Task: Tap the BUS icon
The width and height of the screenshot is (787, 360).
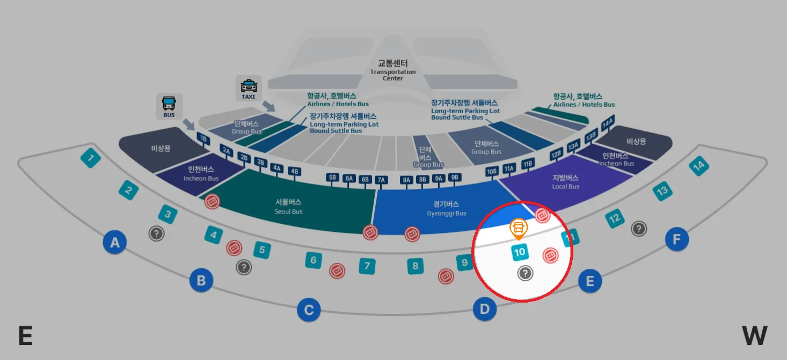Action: tap(169, 106)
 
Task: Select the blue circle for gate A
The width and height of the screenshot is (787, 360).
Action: tap(115, 243)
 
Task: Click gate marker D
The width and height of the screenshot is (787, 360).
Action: tap(485, 309)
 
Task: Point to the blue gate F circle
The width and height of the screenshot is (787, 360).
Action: tap(676, 239)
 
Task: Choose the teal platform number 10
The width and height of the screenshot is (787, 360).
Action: tap(519, 252)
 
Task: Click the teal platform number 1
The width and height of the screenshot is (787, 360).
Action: tap(91, 158)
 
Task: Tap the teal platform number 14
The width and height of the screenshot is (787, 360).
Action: tap(698, 166)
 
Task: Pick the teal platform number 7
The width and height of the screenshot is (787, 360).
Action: tap(367, 266)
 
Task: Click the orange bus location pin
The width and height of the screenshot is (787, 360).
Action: tap(519, 228)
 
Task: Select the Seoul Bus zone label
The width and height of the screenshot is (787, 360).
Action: tap(289, 206)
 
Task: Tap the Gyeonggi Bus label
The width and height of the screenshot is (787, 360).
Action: tap(446, 208)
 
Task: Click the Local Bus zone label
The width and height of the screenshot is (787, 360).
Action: tap(566, 182)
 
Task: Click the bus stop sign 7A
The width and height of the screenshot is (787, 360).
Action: tap(381, 180)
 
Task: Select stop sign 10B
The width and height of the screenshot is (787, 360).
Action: tap(492, 172)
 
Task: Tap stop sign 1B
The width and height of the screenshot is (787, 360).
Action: tap(203, 138)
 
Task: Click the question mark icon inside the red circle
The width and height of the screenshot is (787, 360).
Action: tap(525, 274)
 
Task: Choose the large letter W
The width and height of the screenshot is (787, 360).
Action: tap(754, 336)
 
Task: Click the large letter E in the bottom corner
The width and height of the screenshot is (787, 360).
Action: tap(25, 336)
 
